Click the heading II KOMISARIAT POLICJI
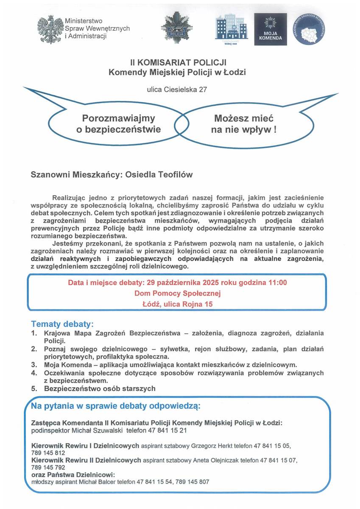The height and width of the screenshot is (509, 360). (177, 63)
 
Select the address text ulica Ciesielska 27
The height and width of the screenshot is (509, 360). (177, 89)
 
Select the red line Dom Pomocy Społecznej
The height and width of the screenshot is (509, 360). (178, 293)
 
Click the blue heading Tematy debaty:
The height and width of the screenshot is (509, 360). (62, 324)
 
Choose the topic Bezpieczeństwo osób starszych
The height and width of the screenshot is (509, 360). (100, 388)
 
